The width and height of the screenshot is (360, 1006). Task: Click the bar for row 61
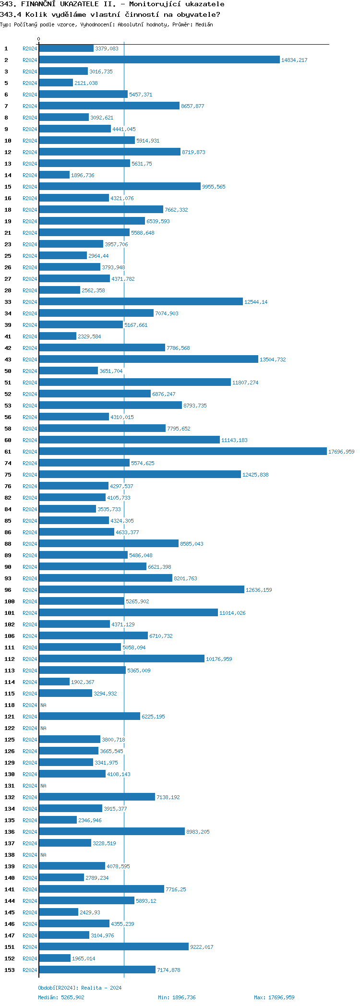click(x=182, y=451)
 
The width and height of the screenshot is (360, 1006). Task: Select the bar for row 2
click(x=159, y=60)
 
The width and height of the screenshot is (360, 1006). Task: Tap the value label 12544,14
click(x=256, y=302)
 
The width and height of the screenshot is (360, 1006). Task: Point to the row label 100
click(x=10, y=601)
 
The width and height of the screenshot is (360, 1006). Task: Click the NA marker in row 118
click(x=43, y=705)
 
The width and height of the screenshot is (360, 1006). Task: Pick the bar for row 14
click(x=54, y=175)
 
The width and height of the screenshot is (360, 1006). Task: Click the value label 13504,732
click(x=272, y=359)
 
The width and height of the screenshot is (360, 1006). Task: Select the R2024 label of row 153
click(x=30, y=970)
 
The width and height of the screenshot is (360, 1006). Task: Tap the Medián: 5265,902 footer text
click(x=61, y=997)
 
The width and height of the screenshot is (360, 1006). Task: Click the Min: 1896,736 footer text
click(x=177, y=997)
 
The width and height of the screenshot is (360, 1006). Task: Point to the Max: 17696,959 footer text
click(x=274, y=997)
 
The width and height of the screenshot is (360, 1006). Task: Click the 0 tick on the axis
click(x=39, y=39)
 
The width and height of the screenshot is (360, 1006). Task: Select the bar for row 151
click(x=113, y=946)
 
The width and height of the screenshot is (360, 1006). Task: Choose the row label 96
click(x=8, y=590)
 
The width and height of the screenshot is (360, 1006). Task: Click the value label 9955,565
click(x=214, y=187)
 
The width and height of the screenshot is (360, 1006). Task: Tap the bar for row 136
click(x=111, y=831)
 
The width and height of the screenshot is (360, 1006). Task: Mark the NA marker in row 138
click(x=43, y=855)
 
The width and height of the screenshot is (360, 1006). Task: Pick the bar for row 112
click(x=121, y=659)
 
